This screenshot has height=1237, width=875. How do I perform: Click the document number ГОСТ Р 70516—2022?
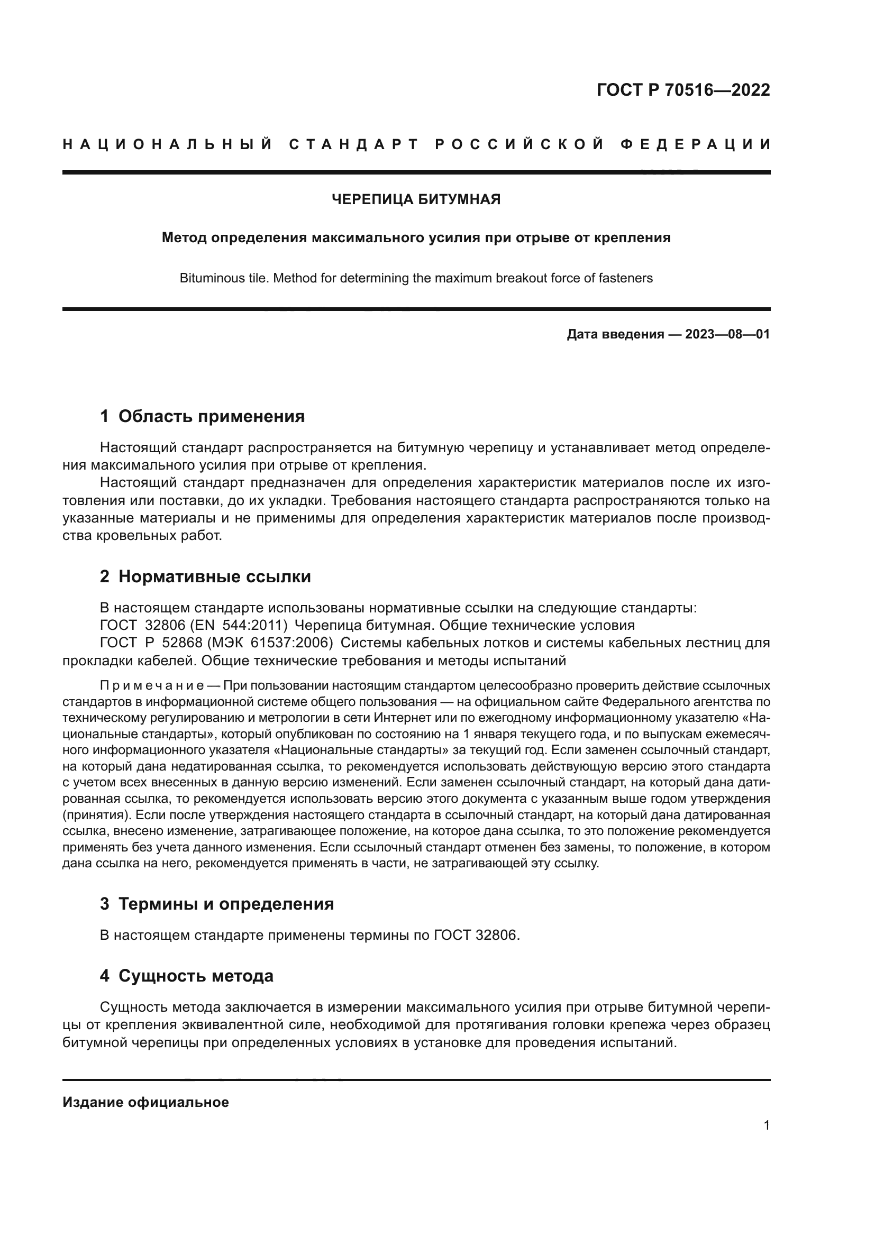point(682,90)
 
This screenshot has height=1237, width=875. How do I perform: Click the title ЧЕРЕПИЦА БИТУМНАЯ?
point(416,199)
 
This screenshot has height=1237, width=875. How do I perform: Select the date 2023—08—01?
point(727,334)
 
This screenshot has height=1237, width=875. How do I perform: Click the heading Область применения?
point(211,416)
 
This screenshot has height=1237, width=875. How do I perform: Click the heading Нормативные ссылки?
point(214,576)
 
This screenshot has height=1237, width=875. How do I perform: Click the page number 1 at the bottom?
point(766,1125)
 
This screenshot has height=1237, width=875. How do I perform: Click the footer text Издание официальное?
point(145,1102)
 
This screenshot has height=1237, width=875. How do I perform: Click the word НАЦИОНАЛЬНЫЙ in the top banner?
point(168,144)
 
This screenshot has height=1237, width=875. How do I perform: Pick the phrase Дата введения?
point(615,334)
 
